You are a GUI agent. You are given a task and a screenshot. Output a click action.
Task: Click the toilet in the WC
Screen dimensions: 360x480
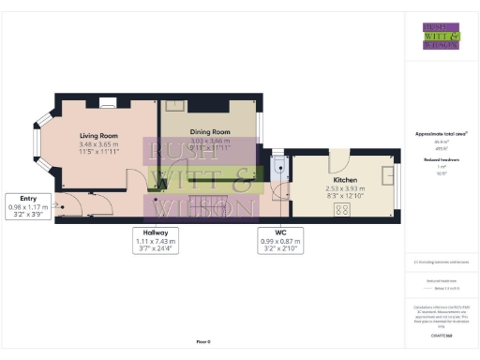(x=279, y=169)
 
